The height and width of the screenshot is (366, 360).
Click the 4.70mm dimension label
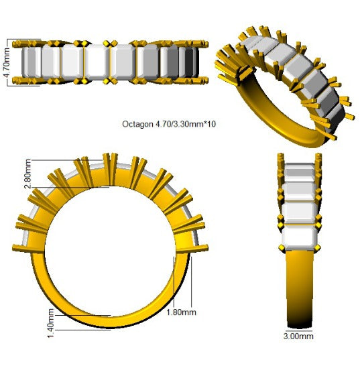pos(7,62)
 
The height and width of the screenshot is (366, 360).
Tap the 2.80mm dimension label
pos(27,174)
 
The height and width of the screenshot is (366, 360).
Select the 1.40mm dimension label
pos(51,323)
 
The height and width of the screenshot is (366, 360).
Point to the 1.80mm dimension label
pos(182,312)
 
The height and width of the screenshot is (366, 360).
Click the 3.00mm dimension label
pos(298,336)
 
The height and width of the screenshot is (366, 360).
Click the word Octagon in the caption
pos(137,124)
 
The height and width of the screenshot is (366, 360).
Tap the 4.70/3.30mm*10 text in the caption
pos(186,124)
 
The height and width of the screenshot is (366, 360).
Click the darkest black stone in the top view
pos(190,62)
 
